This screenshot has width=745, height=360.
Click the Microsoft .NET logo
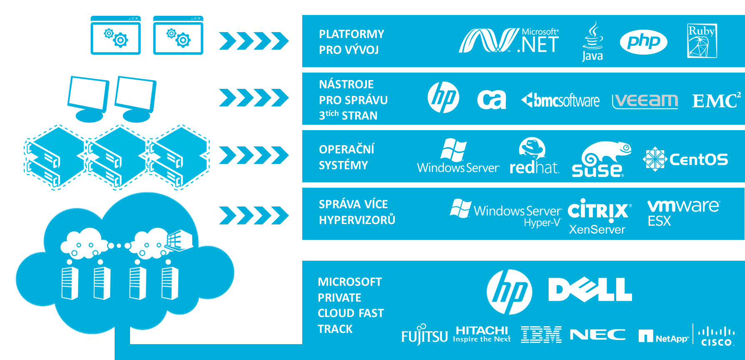[x=509, y=41]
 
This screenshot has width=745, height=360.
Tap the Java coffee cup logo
[x=592, y=42]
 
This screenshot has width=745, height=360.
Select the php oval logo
[x=643, y=42]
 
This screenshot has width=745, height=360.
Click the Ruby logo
[x=702, y=41]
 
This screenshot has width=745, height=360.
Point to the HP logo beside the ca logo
[x=443, y=98]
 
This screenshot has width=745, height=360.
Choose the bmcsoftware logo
[x=560, y=101]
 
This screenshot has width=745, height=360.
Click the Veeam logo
[x=645, y=101]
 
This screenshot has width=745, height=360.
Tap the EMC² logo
[x=716, y=101]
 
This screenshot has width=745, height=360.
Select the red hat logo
[x=534, y=156]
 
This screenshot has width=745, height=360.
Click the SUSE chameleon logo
[x=601, y=159]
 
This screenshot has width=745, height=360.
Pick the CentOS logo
[x=685, y=159]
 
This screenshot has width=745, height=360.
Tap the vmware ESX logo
[x=683, y=212]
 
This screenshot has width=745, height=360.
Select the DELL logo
[x=590, y=290]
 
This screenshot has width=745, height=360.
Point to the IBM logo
[x=541, y=335]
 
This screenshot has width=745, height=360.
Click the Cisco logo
[x=716, y=336]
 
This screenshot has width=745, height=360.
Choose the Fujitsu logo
[x=424, y=335]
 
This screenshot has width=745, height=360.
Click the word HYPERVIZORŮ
[x=357, y=220]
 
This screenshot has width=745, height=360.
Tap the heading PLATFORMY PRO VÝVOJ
[x=351, y=42]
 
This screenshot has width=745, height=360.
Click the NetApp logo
[x=663, y=337]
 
